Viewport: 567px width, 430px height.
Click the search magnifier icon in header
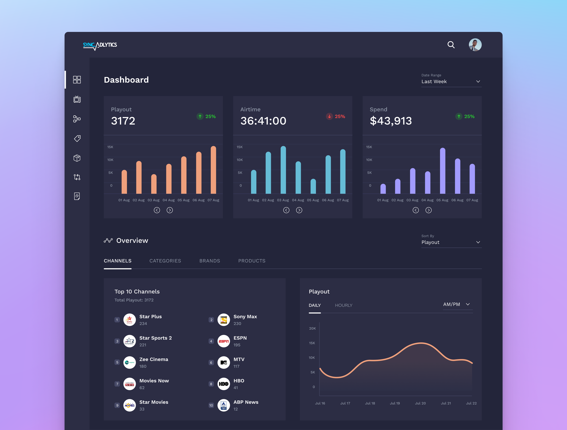pyautogui.click(x=451, y=45)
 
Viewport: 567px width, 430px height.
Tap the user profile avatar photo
pyautogui.click(x=475, y=45)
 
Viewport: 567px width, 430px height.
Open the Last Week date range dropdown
pyautogui.click(x=451, y=81)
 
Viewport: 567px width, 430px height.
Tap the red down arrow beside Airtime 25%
pyautogui.click(x=329, y=116)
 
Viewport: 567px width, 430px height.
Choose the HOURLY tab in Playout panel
pyautogui.click(x=344, y=305)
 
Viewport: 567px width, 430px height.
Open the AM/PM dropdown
pyautogui.click(x=458, y=305)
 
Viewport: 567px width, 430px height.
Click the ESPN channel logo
pyautogui.click(x=223, y=341)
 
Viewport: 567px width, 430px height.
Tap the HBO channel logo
pyautogui.click(x=223, y=384)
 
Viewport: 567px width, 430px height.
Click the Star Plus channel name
pyautogui.click(x=150, y=316)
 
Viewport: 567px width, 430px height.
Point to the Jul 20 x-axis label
pyautogui.click(x=420, y=403)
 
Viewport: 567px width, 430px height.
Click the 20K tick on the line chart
pyautogui.click(x=312, y=328)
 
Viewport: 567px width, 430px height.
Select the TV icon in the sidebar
pyautogui.click(x=77, y=99)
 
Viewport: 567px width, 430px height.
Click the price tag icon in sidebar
pyautogui.click(x=77, y=138)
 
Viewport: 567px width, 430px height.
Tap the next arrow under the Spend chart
pyautogui.click(x=428, y=210)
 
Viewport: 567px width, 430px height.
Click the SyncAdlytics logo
pyautogui.click(x=100, y=46)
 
